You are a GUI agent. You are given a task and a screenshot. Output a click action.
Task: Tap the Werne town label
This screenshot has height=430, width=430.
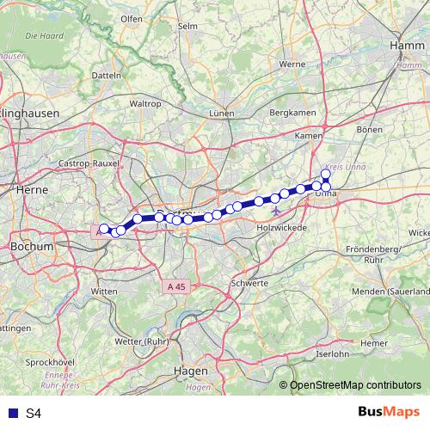click(292, 64)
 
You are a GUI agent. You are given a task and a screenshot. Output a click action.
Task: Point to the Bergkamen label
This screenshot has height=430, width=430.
click(290, 113)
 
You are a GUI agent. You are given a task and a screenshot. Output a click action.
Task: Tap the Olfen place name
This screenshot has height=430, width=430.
click(132, 42)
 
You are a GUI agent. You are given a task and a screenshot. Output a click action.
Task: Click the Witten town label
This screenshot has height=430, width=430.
click(103, 292)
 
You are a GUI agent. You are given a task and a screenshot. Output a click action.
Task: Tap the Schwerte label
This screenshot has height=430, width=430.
click(249, 282)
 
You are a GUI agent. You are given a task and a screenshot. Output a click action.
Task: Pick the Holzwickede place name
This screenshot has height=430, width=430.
click(282, 228)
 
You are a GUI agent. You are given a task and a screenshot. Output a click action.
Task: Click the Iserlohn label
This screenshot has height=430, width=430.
click(335, 353)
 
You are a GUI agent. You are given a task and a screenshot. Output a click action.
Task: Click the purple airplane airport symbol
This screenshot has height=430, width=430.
click(275, 211)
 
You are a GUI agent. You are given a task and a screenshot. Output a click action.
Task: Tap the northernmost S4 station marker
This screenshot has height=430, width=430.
click(326, 174)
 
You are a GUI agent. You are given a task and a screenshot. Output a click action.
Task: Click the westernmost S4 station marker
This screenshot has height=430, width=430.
click(104, 229)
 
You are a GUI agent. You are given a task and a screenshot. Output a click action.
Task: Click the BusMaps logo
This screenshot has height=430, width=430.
click(389, 413)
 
